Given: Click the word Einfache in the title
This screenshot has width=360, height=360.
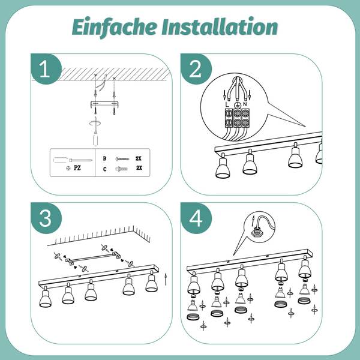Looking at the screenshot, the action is click(x=115, y=27).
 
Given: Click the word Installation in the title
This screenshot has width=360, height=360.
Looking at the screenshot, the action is click(x=220, y=27).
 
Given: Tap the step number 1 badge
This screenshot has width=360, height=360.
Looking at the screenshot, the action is click(x=46, y=68).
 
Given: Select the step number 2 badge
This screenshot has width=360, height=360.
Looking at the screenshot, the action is click(x=196, y=68).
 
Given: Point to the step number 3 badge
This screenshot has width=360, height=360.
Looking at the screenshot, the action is click(x=46, y=218).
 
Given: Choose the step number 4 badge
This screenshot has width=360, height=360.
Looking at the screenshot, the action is click(x=196, y=218).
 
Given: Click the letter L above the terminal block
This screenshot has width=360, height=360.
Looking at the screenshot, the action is click(x=227, y=104).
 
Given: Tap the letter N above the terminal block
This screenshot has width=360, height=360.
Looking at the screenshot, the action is click(x=245, y=104).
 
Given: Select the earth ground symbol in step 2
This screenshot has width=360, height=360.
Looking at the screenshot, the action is click(x=237, y=105).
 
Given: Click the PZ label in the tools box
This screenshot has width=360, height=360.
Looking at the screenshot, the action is click(x=77, y=168).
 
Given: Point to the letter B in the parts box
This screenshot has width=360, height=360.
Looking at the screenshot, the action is click(x=104, y=158).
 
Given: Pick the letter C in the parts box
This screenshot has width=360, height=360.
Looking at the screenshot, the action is click(x=104, y=169).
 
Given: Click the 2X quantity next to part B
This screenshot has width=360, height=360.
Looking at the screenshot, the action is click(x=139, y=158).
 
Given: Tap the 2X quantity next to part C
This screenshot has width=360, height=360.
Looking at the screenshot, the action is click(x=139, y=167).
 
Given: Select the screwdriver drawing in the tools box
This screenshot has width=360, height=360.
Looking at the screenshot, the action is click(x=73, y=160).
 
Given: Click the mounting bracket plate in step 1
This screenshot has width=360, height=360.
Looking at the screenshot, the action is click(x=104, y=104).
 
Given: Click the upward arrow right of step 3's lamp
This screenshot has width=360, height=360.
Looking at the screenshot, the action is click(x=166, y=279).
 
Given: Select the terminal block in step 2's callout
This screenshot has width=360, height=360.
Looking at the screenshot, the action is click(x=237, y=118).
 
